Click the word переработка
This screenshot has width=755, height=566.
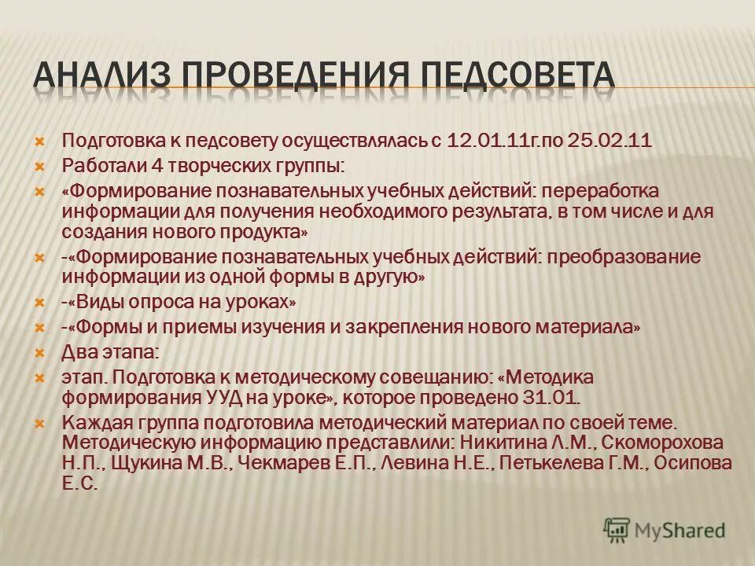(x=582, y=192)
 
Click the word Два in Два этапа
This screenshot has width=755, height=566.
(x=76, y=352)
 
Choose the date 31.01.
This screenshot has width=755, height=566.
(x=552, y=396)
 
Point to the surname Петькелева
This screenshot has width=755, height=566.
(x=554, y=463)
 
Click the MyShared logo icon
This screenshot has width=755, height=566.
(x=617, y=530)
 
